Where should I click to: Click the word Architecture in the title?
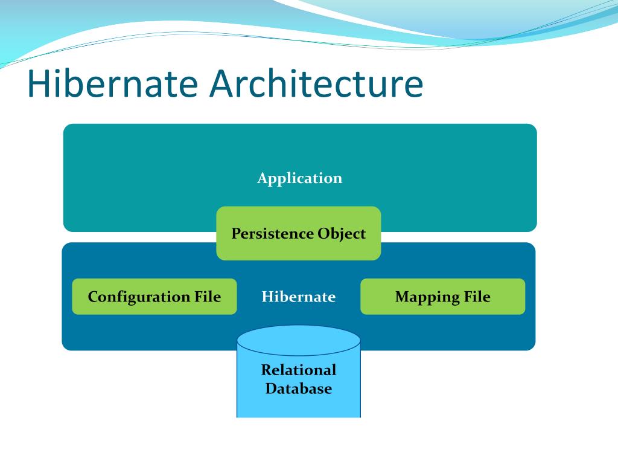click(x=316, y=84)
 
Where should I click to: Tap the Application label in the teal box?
click(x=299, y=178)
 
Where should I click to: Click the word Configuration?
click(x=139, y=297)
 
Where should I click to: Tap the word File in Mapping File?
click(x=477, y=297)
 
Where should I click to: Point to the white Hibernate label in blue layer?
click(x=299, y=297)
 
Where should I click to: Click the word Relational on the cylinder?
click(x=299, y=370)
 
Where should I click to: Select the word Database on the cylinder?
click(x=299, y=388)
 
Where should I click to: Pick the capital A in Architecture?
click(x=223, y=84)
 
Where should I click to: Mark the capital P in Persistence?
click(x=236, y=234)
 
